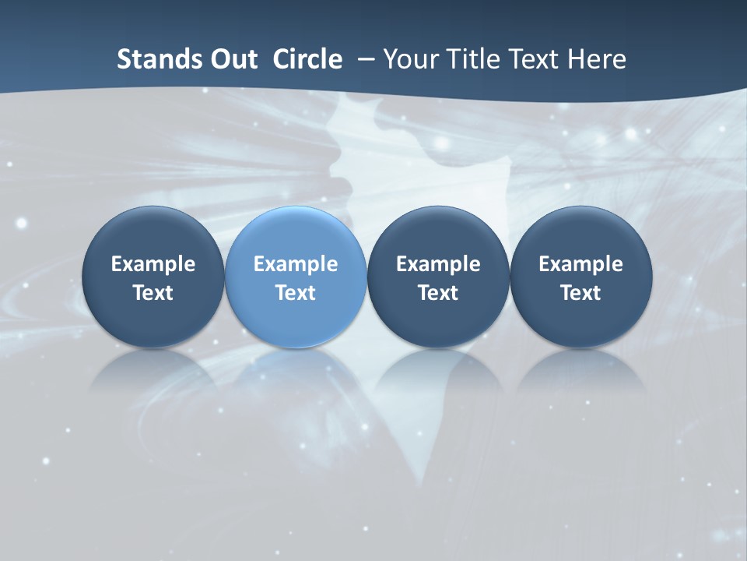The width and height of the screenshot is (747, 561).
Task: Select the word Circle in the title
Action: pos(307,59)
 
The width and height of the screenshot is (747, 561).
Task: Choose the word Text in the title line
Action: pos(532,59)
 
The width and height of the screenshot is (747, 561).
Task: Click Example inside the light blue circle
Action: pos(296,264)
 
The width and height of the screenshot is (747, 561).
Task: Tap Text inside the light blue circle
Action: pos(296,293)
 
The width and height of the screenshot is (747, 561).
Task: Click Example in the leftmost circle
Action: pos(153,264)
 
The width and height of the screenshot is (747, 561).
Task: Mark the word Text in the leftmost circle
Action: pos(153,293)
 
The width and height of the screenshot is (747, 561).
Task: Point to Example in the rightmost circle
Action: pos(580,264)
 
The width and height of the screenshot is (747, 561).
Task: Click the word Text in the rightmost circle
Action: pos(580,293)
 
